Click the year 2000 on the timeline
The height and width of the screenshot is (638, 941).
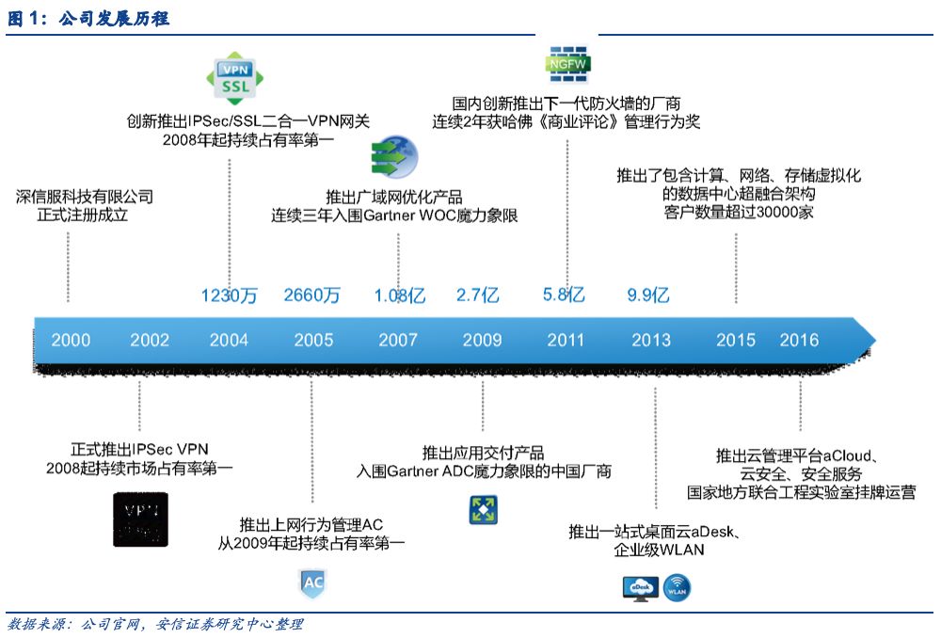pyautogui.click(x=71, y=340)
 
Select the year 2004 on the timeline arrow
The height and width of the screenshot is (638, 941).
pyautogui.click(x=229, y=340)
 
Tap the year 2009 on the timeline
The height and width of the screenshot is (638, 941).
pyautogui.click(x=482, y=340)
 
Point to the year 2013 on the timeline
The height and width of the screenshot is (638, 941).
pyautogui.click(x=651, y=340)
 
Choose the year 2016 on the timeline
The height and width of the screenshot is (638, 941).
pyautogui.click(x=799, y=340)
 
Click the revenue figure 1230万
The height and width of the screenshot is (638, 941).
pyautogui.click(x=229, y=295)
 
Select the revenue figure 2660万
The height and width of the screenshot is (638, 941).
pyautogui.click(x=311, y=295)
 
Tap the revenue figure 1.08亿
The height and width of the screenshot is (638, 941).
pyautogui.click(x=400, y=295)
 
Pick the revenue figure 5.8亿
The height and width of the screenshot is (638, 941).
pyautogui.click(x=564, y=295)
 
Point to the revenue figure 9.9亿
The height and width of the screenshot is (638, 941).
pyautogui.click(x=648, y=295)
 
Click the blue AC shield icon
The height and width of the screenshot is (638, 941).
pyautogui.click(x=312, y=582)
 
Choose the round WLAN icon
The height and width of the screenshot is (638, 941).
pyautogui.click(x=678, y=588)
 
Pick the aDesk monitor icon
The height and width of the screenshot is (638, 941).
pyautogui.click(x=640, y=588)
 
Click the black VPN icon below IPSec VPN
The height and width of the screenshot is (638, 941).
pyautogui.click(x=141, y=518)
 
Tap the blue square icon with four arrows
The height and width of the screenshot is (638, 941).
pyautogui.click(x=483, y=510)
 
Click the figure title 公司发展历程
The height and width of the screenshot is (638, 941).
pyautogui.click(x=114, y=18)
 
